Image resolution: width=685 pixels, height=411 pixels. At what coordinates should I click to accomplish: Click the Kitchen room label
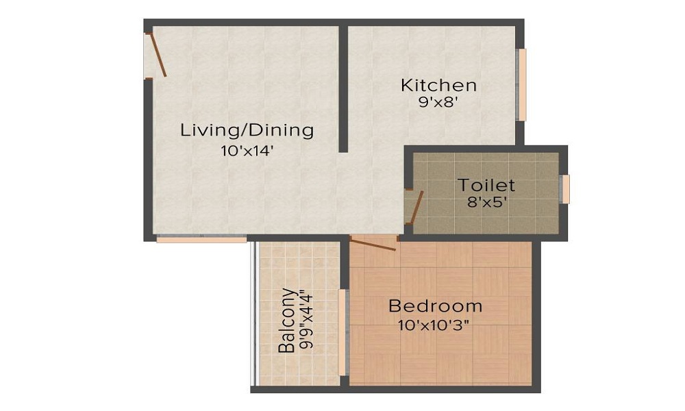(x=438, y=86)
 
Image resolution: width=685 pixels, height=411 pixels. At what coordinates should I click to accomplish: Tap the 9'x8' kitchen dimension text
(x=438, y=103)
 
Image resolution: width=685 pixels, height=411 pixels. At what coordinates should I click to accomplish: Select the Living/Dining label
(x=247, y=129)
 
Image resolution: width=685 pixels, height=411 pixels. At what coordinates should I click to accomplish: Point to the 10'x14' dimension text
(x=247, y=151)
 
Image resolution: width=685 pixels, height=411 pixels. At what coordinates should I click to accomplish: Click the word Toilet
(x=486, y=185)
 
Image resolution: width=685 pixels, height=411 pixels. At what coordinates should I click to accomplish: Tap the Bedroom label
(x=435, y=306)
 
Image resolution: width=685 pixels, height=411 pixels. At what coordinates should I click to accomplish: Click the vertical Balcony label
(x=287, y=320)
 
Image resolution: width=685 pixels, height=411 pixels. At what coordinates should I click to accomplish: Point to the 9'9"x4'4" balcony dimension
(x=306, y=320)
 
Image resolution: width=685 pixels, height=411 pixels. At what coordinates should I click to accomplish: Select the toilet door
(x=415, y=207)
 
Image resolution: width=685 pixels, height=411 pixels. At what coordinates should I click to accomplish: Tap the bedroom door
(x=374, y=242)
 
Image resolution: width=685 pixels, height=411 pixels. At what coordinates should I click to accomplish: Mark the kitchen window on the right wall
(x=522, y=85)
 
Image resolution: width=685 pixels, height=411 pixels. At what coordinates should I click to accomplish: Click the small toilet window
(x=565, y=189)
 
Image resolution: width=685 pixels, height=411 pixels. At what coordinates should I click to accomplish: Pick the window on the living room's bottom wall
(x=201, y=239)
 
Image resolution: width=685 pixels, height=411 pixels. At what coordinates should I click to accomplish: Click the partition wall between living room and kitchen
(x=343, y=89)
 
